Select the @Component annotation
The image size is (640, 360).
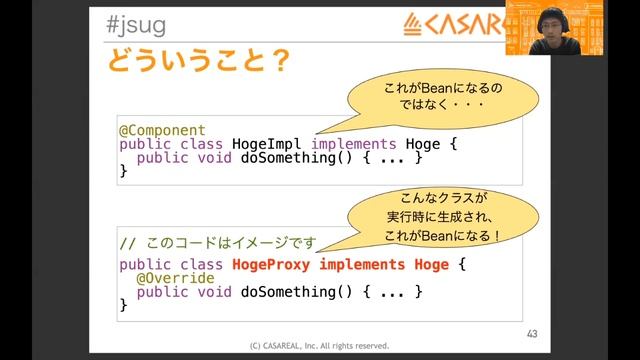point(162,130)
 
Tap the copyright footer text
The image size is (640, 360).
point(319,346)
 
